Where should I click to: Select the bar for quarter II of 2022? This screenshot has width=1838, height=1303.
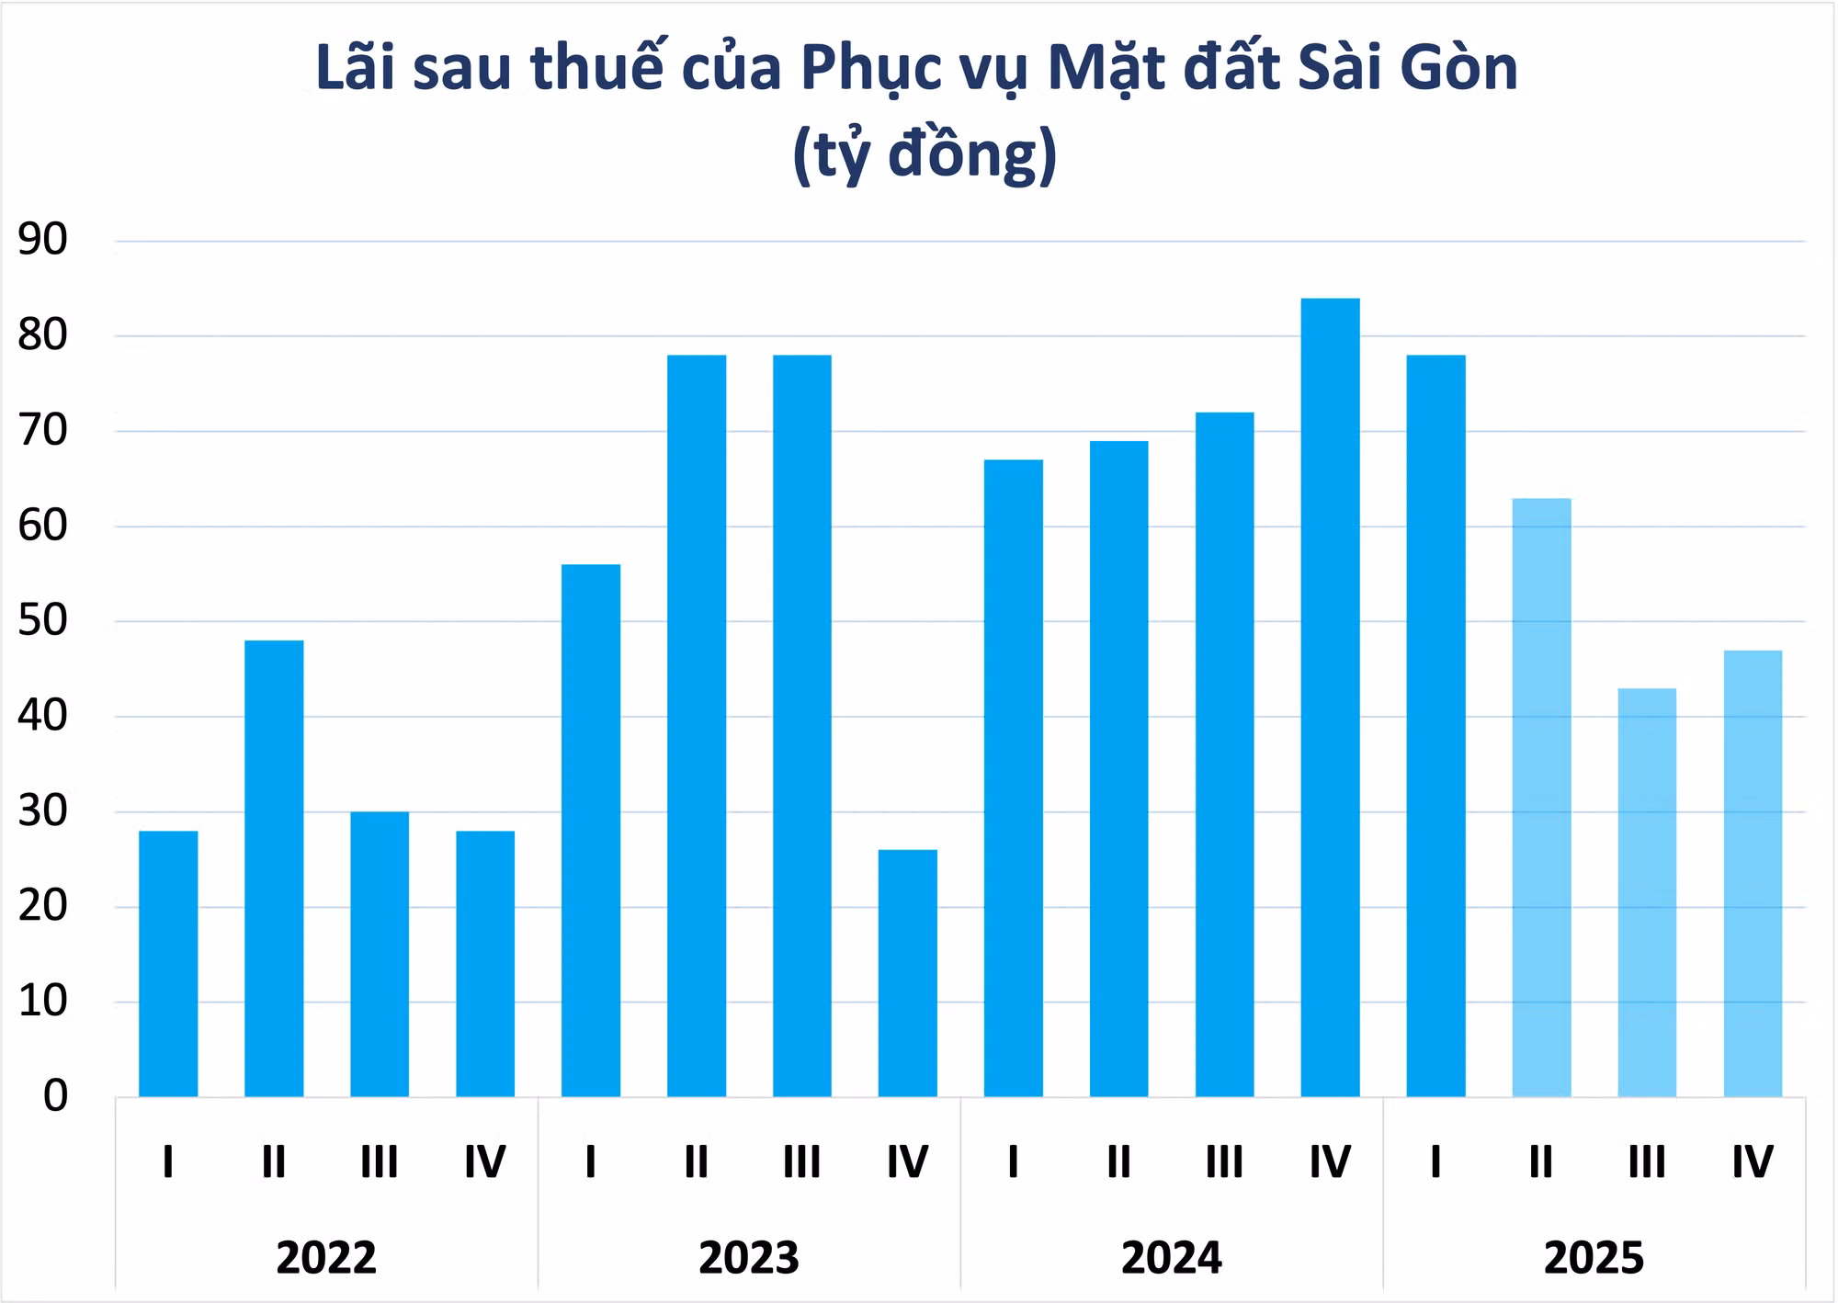pos(274,868)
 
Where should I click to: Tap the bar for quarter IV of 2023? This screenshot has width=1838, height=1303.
pos(908,973)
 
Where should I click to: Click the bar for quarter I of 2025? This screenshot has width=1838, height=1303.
pos(1435,726)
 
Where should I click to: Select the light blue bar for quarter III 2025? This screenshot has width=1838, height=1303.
pos(1647,892)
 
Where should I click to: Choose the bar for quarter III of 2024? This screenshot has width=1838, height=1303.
pos(1224,754)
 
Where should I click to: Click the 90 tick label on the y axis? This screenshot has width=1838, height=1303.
pos(42,240)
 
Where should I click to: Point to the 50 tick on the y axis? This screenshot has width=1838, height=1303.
pos(42,621)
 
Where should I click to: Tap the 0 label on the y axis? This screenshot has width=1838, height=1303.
pos(55,1095)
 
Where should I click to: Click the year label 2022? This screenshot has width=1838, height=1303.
pos(326,1257)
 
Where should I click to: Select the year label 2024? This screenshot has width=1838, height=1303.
pos(1172,1257)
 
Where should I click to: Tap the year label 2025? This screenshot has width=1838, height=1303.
pos(1594,1257)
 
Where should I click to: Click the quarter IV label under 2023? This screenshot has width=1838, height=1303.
pos(908,1162)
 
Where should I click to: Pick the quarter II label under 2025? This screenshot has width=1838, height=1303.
pos(1541,1162)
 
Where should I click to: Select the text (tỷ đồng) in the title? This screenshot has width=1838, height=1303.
pos(925,153)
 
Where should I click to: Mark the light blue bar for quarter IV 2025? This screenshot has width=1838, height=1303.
pos(1753,873)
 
